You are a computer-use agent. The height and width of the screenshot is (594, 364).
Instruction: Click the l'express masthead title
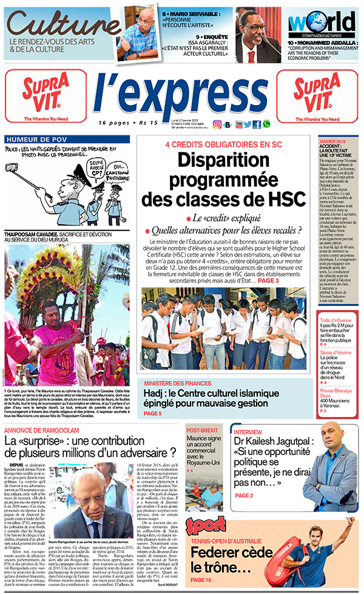180,95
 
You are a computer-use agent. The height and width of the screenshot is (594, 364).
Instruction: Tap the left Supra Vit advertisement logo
46,93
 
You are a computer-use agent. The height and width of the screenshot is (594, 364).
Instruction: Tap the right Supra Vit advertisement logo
317,93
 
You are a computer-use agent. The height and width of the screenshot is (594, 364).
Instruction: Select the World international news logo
321,24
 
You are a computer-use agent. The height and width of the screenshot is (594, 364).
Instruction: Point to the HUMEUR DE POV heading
29,140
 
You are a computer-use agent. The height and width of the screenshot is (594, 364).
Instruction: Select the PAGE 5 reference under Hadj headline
153,413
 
